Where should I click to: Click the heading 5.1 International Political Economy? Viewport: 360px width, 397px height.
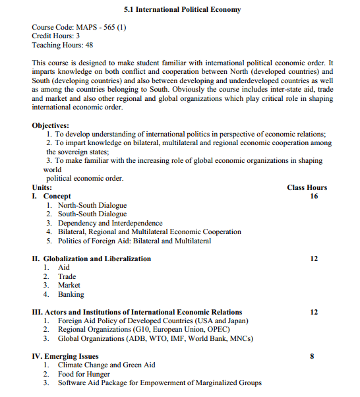[183, 10]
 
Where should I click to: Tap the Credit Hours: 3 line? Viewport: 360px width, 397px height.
[56, 36]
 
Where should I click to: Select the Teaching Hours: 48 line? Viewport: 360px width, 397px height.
[62, 46]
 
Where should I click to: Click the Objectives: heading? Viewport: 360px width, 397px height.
[50, 125]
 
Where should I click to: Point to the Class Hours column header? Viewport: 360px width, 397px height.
[307, 187]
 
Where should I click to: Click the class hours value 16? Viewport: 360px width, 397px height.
[314, 197]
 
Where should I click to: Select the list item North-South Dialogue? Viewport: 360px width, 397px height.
[92, 206]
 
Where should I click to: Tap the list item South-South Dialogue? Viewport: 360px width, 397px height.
[92, 214]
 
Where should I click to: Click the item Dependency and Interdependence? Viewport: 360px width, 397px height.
[110, 224]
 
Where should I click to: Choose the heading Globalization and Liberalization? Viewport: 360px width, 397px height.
[97, 259]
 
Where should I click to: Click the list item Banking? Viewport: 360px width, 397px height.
[71, 295]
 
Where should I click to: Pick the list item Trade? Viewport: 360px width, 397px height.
[67, 277]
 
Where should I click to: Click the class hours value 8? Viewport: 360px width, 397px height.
[312, 356]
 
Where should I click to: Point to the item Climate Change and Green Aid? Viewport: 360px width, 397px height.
[107, 365]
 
